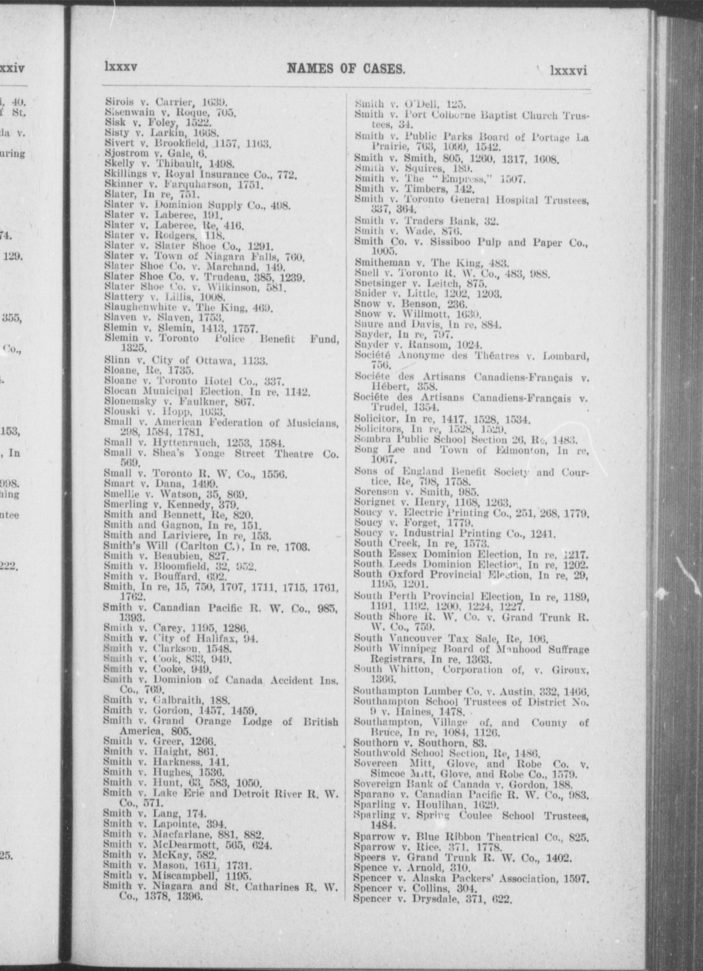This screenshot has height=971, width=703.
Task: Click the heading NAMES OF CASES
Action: coord(346,69)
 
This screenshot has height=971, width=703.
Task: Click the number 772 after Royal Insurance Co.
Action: coord(288,175)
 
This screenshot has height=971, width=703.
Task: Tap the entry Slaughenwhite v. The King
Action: coord(188,307)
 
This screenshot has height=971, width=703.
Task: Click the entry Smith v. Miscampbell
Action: coord(177,876)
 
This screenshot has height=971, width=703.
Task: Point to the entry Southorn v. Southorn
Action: coord(420,743)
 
